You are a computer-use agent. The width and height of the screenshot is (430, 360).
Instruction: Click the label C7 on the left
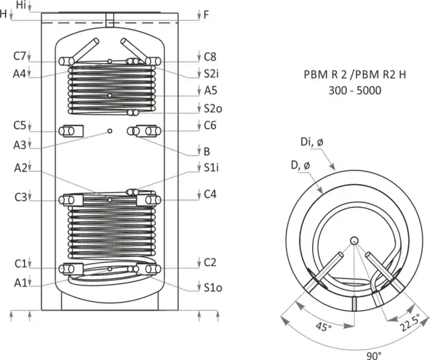click(x=20, y=56)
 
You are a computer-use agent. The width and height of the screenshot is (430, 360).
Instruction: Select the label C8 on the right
click(x=210, y=56)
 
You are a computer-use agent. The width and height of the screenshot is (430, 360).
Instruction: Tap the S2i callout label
click(x=212, y=74)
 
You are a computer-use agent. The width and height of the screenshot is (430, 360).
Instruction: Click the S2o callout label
click(x=212, y=109)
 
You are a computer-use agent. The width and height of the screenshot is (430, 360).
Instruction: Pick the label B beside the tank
click(x=207, y=152)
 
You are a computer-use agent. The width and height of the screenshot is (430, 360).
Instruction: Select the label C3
click(x=20, y=197)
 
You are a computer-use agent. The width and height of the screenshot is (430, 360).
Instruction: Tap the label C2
click(x=210, y=262)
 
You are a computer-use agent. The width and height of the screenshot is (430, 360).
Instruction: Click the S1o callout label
click(x=212, y=287)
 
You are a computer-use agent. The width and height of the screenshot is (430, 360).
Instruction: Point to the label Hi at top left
click(x=21, y=5)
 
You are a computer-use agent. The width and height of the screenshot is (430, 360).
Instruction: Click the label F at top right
click(x=206, y=15)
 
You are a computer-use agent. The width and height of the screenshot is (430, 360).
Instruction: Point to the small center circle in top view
click(x=354, y=241)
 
